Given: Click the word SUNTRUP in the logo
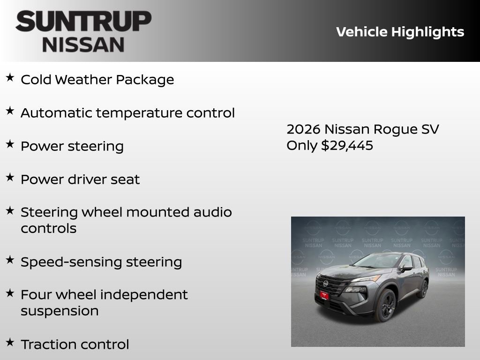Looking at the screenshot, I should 83,22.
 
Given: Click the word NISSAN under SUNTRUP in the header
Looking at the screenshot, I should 83,44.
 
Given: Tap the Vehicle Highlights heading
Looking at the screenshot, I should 400,32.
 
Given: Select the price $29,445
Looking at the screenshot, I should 347,145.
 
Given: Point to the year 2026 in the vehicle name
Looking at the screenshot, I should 303,129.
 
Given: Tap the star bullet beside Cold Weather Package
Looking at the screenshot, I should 10,78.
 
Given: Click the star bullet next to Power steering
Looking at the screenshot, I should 10,144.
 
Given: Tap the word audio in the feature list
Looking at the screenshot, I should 213,212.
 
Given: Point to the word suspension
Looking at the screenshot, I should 60,311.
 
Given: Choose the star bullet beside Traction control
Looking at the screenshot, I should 10,343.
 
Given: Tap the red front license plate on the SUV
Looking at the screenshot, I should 324,294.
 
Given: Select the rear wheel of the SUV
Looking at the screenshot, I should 422,289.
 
